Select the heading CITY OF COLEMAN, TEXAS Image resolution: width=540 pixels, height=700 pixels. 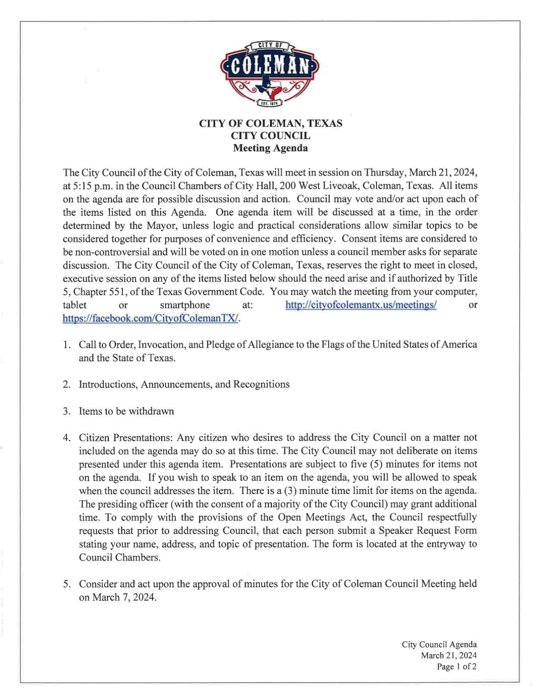270,124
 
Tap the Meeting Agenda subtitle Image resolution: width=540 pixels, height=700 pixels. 270,148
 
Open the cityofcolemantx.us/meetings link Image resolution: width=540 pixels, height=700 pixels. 361,305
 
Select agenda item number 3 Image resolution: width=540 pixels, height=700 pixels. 66,412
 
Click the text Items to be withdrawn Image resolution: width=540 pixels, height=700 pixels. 126,412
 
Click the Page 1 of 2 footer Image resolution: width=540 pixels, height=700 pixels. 456,667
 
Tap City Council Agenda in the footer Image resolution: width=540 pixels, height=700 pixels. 439,644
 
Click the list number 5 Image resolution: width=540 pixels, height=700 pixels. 67,584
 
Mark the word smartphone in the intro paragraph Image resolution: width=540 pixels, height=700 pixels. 185,305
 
